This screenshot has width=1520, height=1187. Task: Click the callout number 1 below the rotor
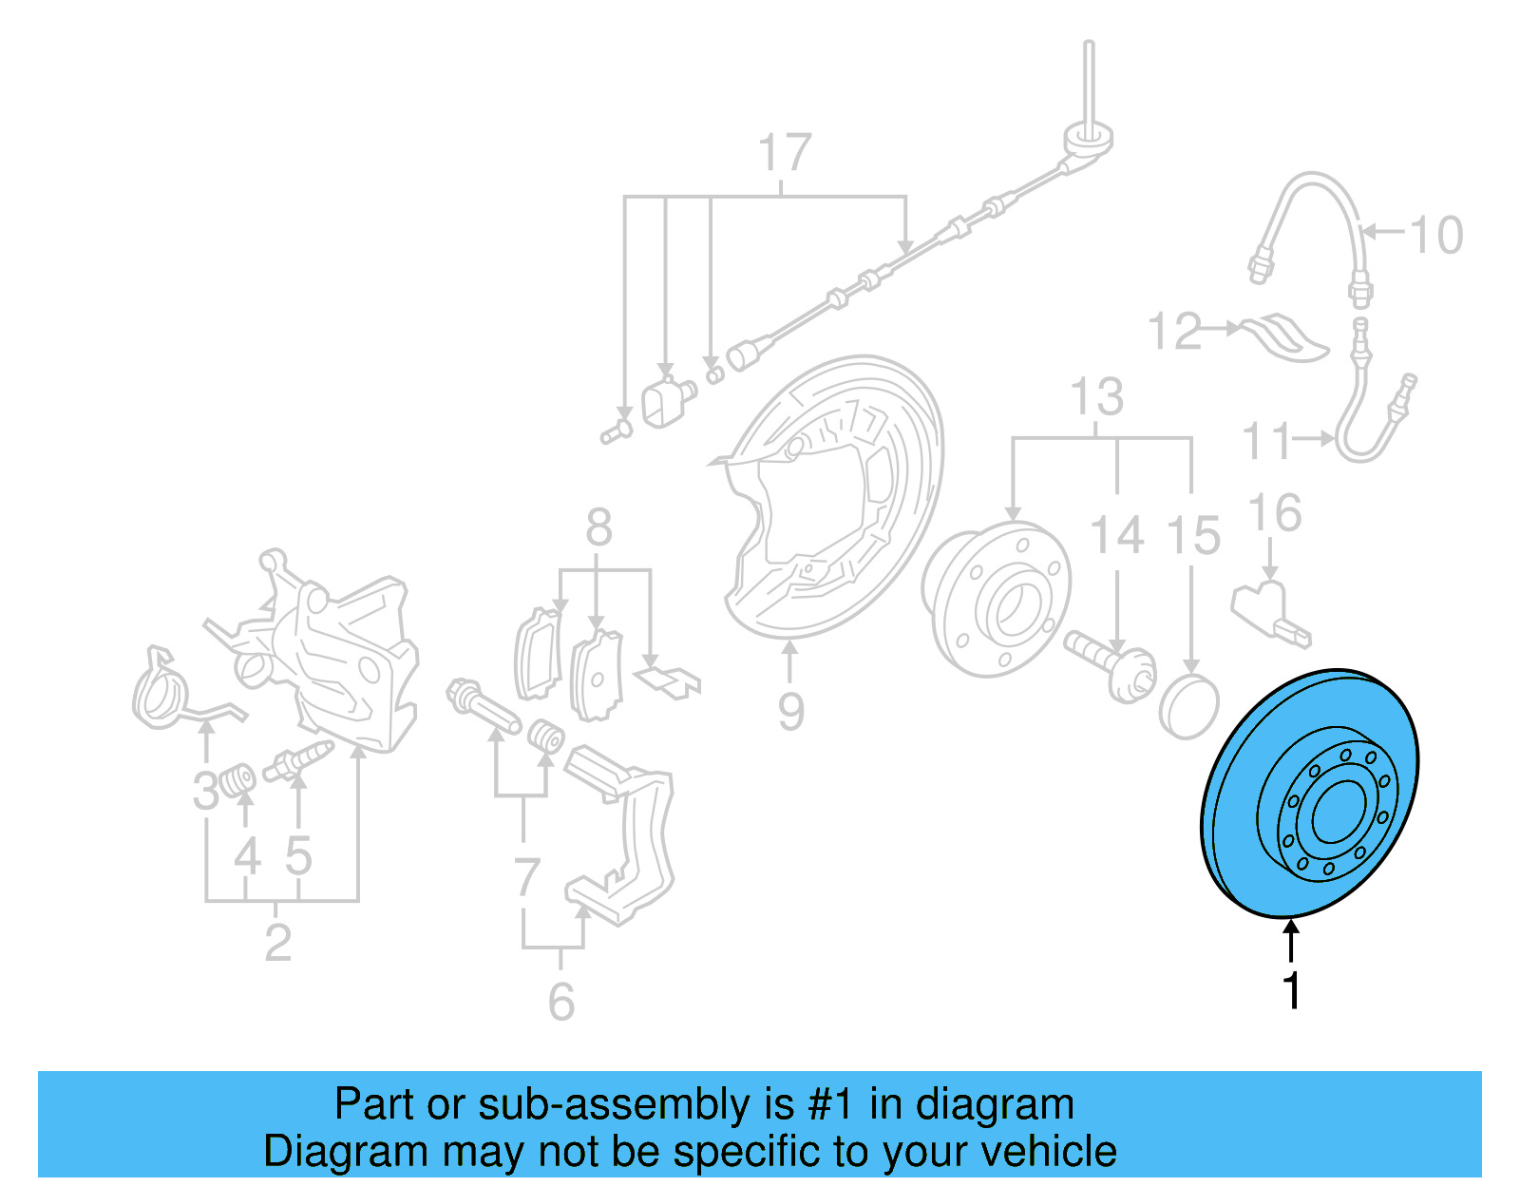(1291, 990)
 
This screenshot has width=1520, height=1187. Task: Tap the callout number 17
(785, 153)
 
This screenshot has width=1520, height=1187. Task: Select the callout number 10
(1435, 235)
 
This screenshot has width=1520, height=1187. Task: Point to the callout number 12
(1174, 331)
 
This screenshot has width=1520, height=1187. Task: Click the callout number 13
(1097, 397)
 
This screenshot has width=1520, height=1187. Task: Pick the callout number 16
(1274, 513)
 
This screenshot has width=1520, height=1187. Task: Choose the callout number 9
(790, 711)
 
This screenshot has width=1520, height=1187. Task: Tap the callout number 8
(598, 527)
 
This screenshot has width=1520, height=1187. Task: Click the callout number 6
(561, 1002)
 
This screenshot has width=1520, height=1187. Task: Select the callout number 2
(277, 943)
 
